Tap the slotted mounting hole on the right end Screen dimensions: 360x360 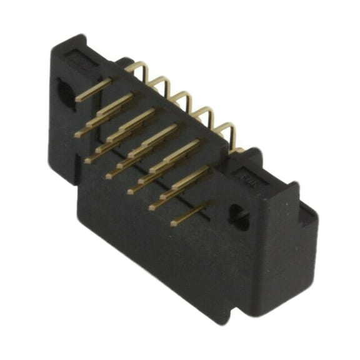tap(239, 216)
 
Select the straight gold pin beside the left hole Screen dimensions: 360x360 tap(94, 91)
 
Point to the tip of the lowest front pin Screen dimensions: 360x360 tap(173, 222)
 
